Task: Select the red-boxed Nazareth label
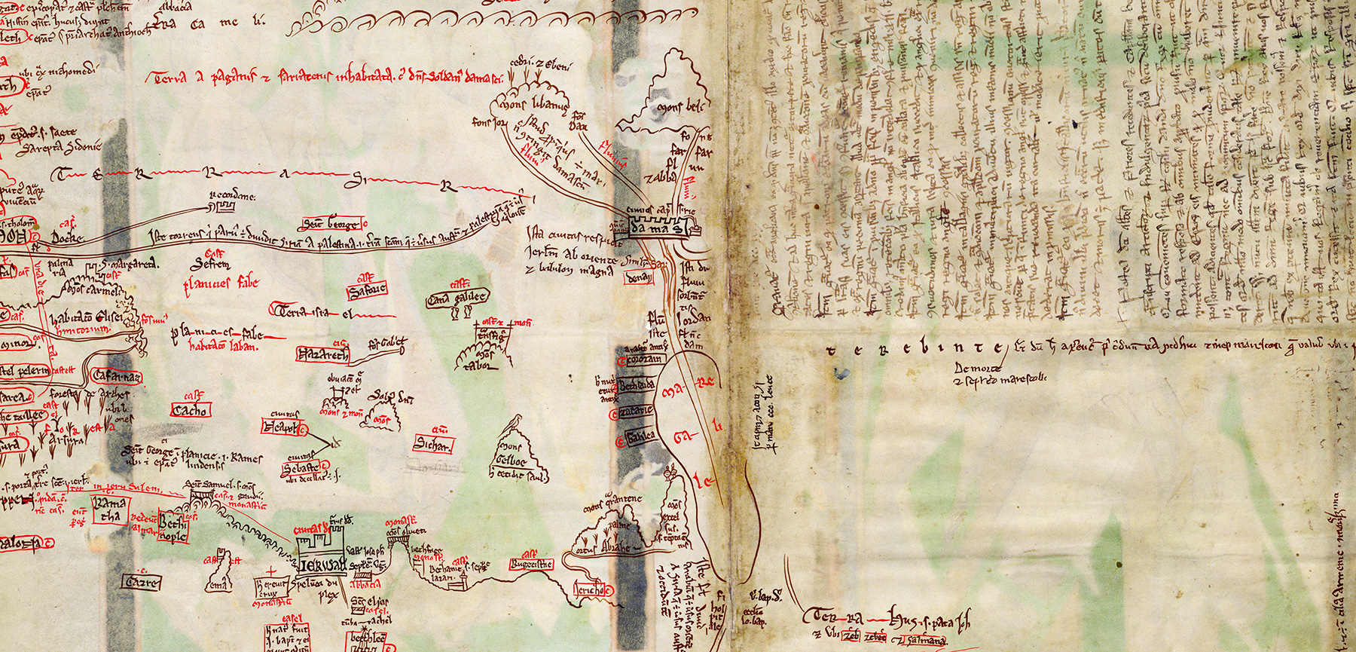(x=323, y=354)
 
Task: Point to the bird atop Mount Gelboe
(x=515, y=419)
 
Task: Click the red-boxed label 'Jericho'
(x=592, y=591)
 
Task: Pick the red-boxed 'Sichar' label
(x=432, y=445)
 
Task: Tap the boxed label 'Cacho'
(x=191, y=410)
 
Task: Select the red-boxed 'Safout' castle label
(x=368, y=289)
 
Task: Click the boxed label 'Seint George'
(x=332, y=223)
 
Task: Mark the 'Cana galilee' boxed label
(x=457, y=298)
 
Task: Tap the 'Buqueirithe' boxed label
(x=532, y=564)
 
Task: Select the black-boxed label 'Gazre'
(x=142, y=582)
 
